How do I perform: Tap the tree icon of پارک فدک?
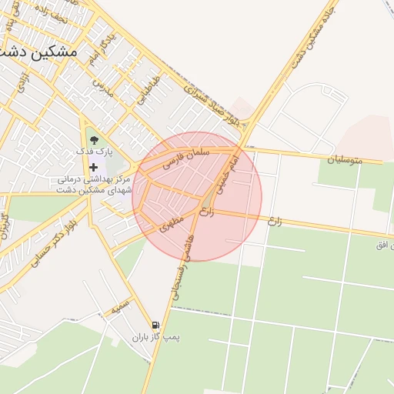click(94, 140)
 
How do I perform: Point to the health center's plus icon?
click(94, 167)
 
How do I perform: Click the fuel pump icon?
click(156, 326)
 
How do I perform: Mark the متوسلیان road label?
click(344, 161)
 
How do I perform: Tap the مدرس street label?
click(103, 87)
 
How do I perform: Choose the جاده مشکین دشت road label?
click(302, 45)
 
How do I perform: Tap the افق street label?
click(380, 245)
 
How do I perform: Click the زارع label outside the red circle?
click(275, 221)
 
